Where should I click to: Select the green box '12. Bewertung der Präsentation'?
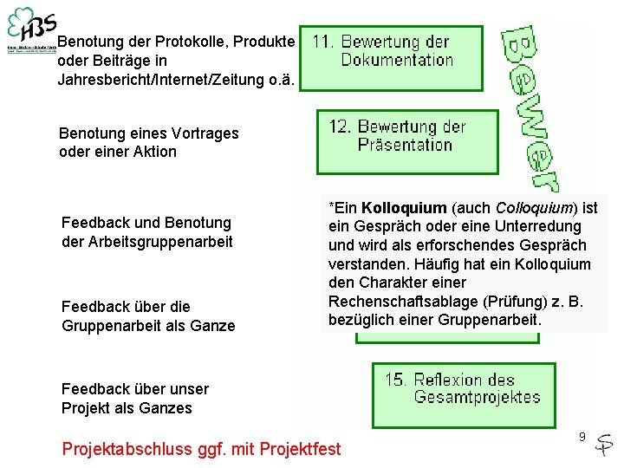(407, 140)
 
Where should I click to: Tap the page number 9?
(582, 437)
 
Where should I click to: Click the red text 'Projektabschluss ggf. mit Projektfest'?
(201, 449)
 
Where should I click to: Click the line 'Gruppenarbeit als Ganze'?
(148, 326)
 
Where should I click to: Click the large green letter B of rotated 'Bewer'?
(523, 43)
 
